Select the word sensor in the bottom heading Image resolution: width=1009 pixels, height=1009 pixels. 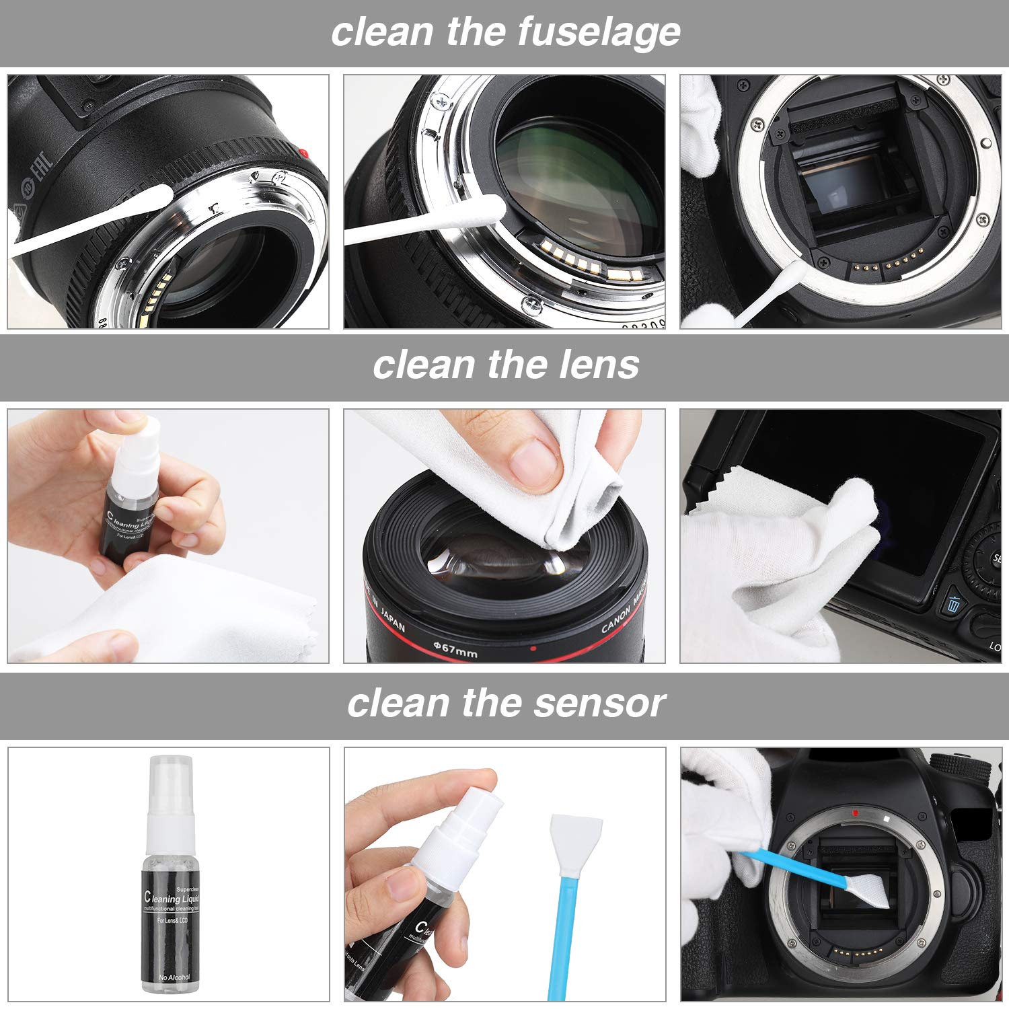coord(599,703)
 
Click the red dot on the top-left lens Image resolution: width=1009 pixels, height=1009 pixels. coord(303,153)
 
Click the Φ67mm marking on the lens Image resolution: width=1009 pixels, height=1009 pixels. coord(455,649)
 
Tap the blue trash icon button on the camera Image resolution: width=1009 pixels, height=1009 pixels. coord(952,603)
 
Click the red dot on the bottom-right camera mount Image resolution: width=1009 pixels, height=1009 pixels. coord(855,812)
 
